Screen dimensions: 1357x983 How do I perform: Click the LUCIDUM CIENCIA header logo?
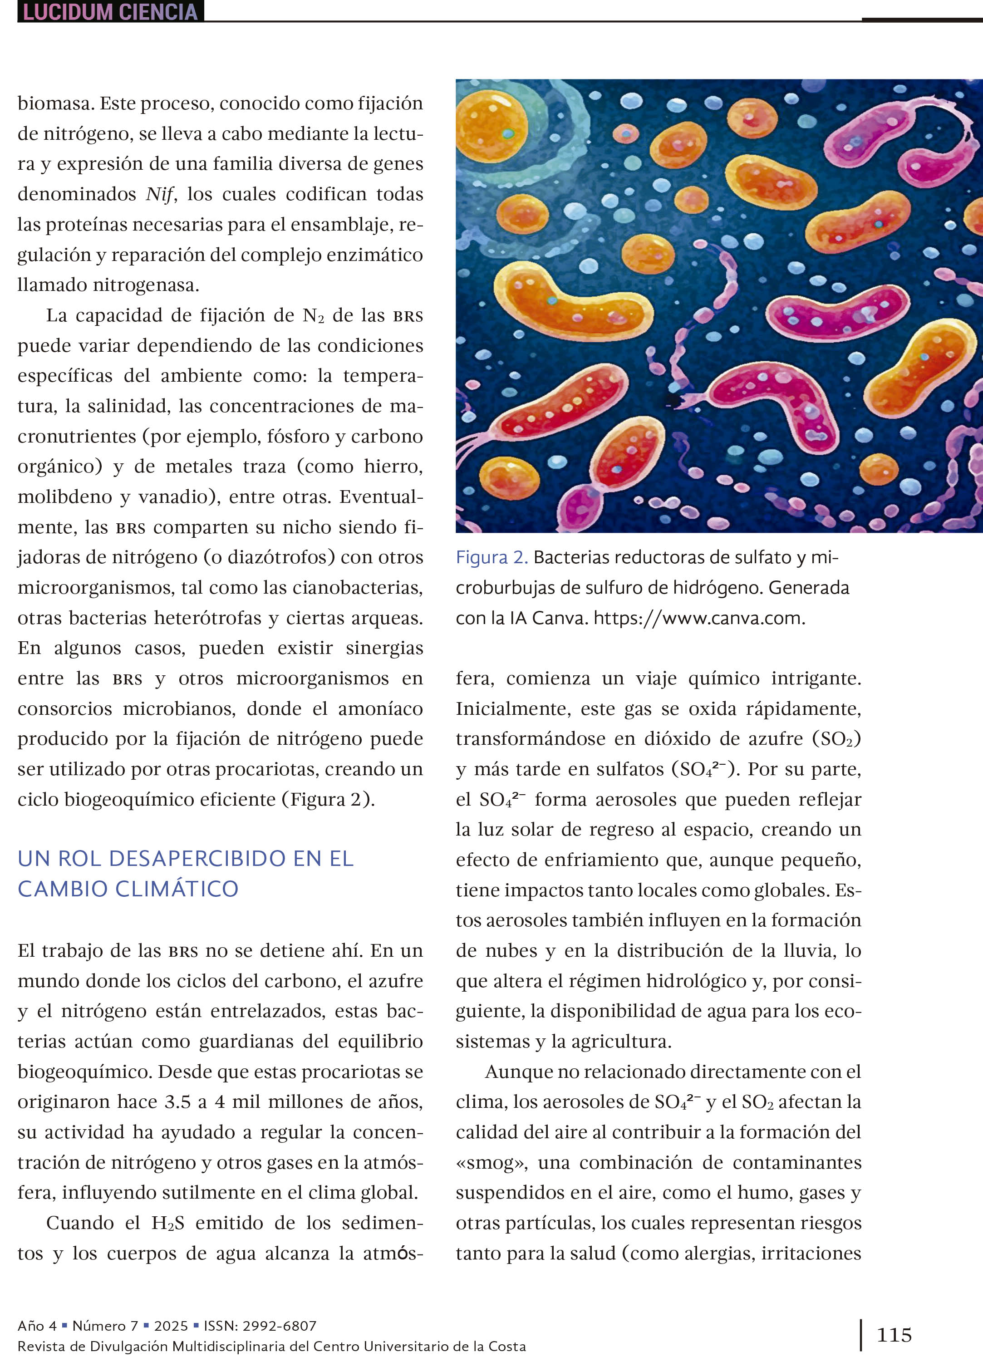110,11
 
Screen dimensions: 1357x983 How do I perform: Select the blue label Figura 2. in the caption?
491,558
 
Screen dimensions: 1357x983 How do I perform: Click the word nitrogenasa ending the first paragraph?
145,285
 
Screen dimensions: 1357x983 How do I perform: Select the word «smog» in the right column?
492,1163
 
